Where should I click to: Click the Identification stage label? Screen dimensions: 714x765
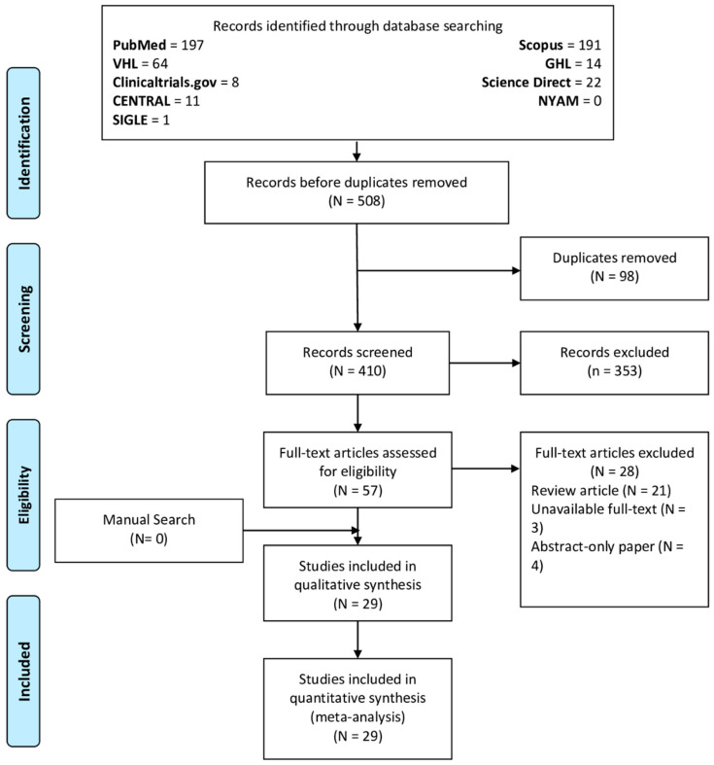[23, 143]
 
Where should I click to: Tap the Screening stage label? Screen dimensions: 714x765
[23, 319]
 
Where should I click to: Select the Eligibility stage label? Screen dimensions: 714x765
[23, 495]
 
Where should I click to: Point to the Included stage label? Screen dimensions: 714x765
[23, 672]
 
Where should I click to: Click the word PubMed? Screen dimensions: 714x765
[140, 45]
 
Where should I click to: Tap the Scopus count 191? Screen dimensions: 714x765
[590, 45]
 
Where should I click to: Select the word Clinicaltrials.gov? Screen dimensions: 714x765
[164, 82]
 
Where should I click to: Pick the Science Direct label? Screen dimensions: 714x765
[527, 82]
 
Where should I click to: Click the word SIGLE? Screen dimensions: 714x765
[130, 120]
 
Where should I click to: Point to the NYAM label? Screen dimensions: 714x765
[559, 101]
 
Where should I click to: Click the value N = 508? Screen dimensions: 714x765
[357, 201]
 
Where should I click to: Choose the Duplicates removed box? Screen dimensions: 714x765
[614, 268]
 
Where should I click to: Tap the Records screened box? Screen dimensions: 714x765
[357, 363]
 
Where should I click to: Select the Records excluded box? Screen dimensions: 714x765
[614, 363]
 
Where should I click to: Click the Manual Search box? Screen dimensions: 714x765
[149, 531]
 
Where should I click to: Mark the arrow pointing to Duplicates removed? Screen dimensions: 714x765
[438, 270]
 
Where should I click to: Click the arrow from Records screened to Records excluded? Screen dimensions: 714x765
[485, 363]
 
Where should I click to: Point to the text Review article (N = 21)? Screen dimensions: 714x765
[601, 490]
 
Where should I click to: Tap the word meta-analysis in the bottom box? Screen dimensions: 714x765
[357, 717]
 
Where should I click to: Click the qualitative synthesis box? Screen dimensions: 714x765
[357, 583]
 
